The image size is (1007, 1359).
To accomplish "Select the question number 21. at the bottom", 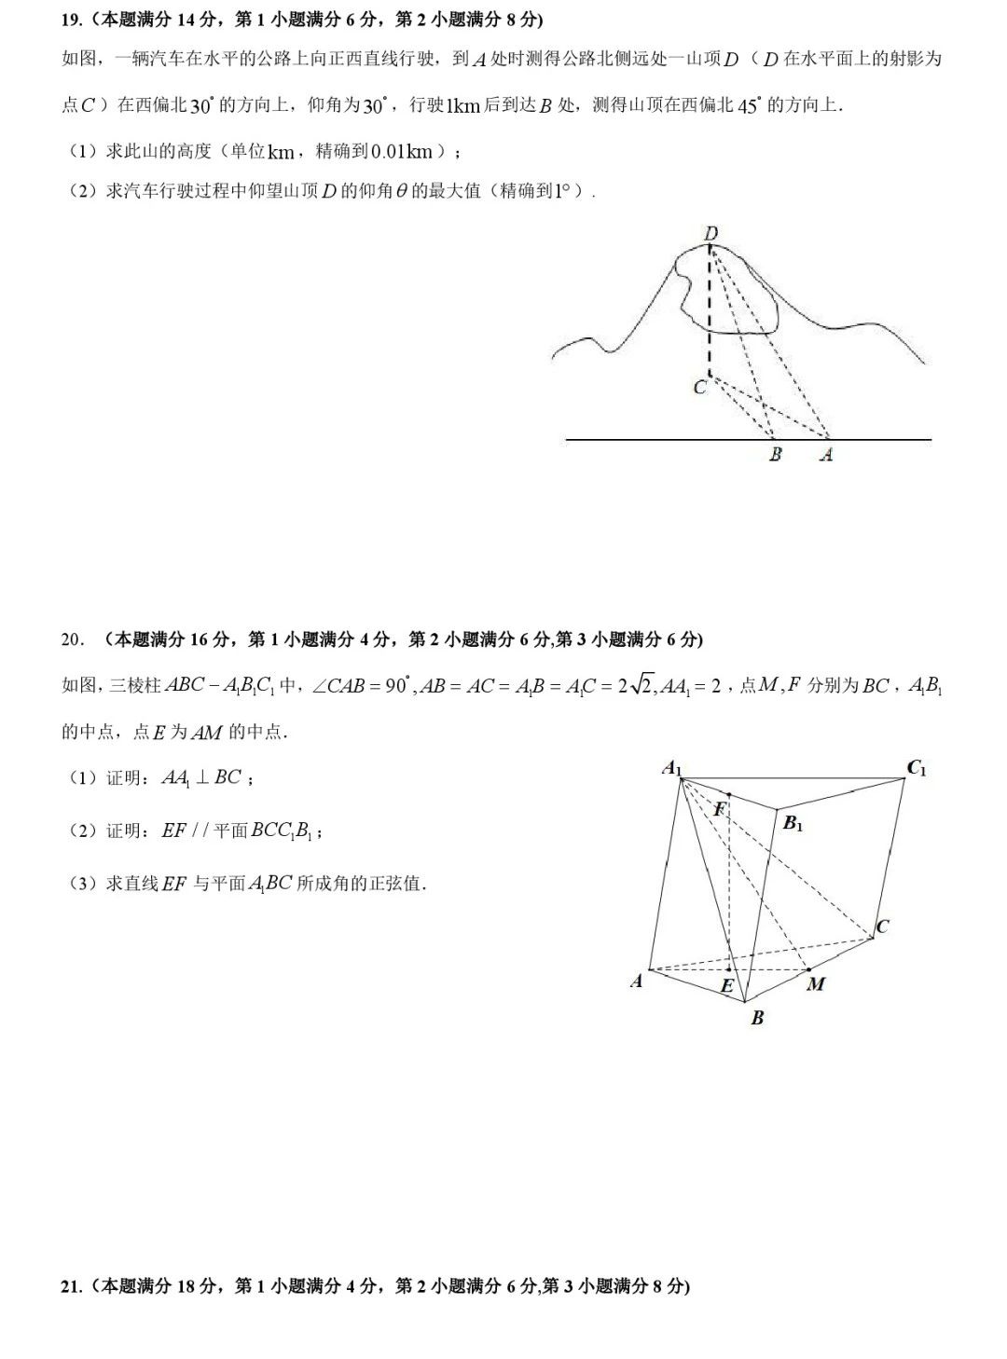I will (x=73, y=1286).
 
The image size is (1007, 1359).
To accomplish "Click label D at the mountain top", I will (x=711, y=232).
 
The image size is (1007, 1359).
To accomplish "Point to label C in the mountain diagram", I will (x=700, y=386).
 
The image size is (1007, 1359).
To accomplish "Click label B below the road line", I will (x=775, y=456).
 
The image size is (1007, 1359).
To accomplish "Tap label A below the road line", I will (x=825, y=456).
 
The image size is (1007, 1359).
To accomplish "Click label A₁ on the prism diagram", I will (x=672, y=769).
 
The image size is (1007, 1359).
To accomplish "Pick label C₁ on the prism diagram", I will (x=917, y=769).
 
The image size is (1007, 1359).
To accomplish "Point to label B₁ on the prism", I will (x=793, y=823).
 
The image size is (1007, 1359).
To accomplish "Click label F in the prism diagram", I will (x=719, y=809).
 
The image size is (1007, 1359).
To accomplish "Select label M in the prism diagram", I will (x=816, y=984).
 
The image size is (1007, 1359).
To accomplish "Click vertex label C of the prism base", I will (x=882, y=927).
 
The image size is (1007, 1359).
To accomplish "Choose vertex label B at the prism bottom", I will (x=757, y=1019).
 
